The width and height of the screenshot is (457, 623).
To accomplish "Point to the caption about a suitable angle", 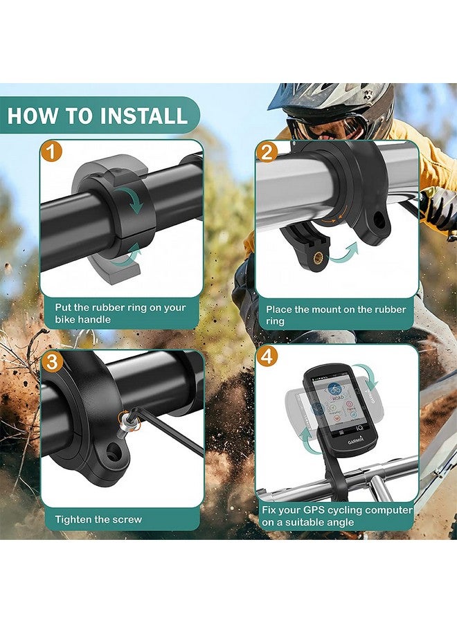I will click(x=337, y=516).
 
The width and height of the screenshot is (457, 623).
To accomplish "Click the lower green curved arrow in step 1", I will click(x=127, y=258).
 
